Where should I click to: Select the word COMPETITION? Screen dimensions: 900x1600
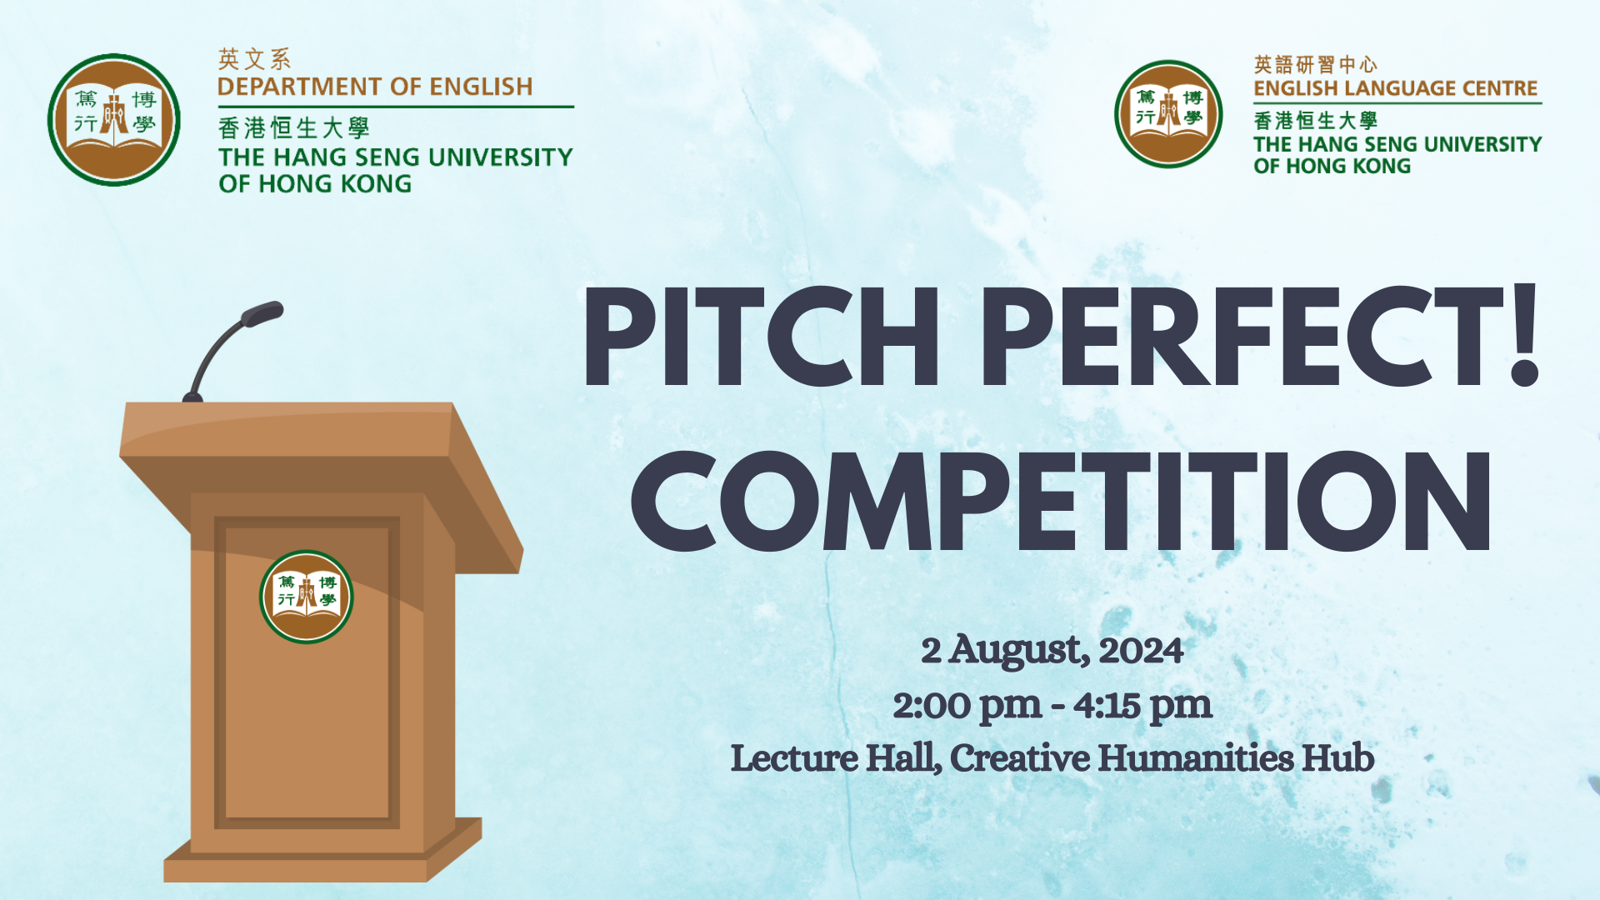click(1060, 502)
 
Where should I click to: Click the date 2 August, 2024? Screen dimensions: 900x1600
click(1052, 650)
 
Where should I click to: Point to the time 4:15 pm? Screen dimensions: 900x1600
click(1142, 706)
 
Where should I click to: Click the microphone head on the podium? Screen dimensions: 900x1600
click(262, 314)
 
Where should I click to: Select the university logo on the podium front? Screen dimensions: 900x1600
click(306, 597)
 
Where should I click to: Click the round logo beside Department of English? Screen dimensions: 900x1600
click(114, 120)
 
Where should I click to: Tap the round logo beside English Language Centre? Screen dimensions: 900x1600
click(1168, 114)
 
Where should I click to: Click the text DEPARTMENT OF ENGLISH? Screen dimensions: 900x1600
click(375, 87)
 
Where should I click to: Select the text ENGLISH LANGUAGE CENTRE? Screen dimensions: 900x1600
click(1395, 88)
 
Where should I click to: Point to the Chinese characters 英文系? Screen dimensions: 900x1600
click(254, 59)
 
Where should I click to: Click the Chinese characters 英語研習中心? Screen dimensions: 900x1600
click(1315, 64)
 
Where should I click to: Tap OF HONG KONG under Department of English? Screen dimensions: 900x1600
click(315, 184)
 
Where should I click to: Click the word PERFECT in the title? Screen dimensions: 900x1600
click(1242, 337)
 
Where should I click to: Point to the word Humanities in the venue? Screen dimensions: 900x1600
click(1195, 758)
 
